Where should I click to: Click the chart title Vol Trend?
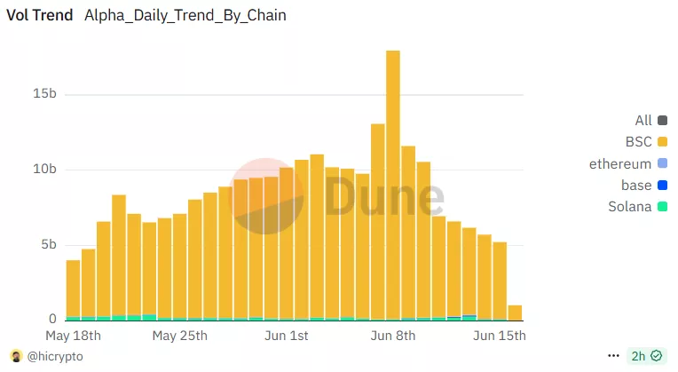tap(40, 16)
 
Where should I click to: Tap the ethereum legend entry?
tap(620, 164)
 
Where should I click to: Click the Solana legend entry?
tap(631, 208)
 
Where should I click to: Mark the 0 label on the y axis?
tap(52, 320)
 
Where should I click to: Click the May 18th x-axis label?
tap(73, 336)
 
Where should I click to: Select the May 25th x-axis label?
tap(179, 336)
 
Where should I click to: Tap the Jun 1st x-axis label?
tap(286, 336)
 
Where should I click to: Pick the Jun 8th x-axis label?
tap(392, 336)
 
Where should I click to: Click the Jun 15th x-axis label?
tap(500, 336)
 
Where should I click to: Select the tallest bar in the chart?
tap(393, 178)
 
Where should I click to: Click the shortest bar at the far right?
tap(515, 313)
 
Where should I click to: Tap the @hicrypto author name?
tap(55, 356)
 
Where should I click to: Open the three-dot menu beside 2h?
tap(613, 356)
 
